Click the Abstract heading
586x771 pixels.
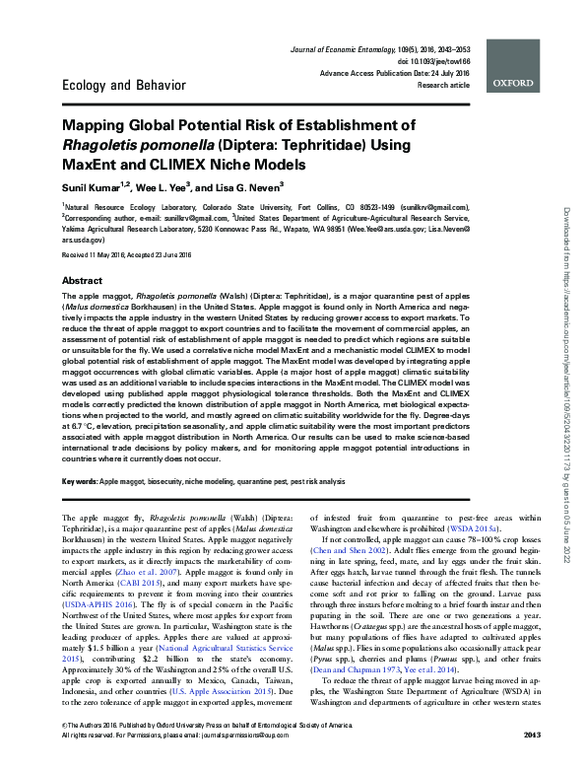click(x=83, y=281)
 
